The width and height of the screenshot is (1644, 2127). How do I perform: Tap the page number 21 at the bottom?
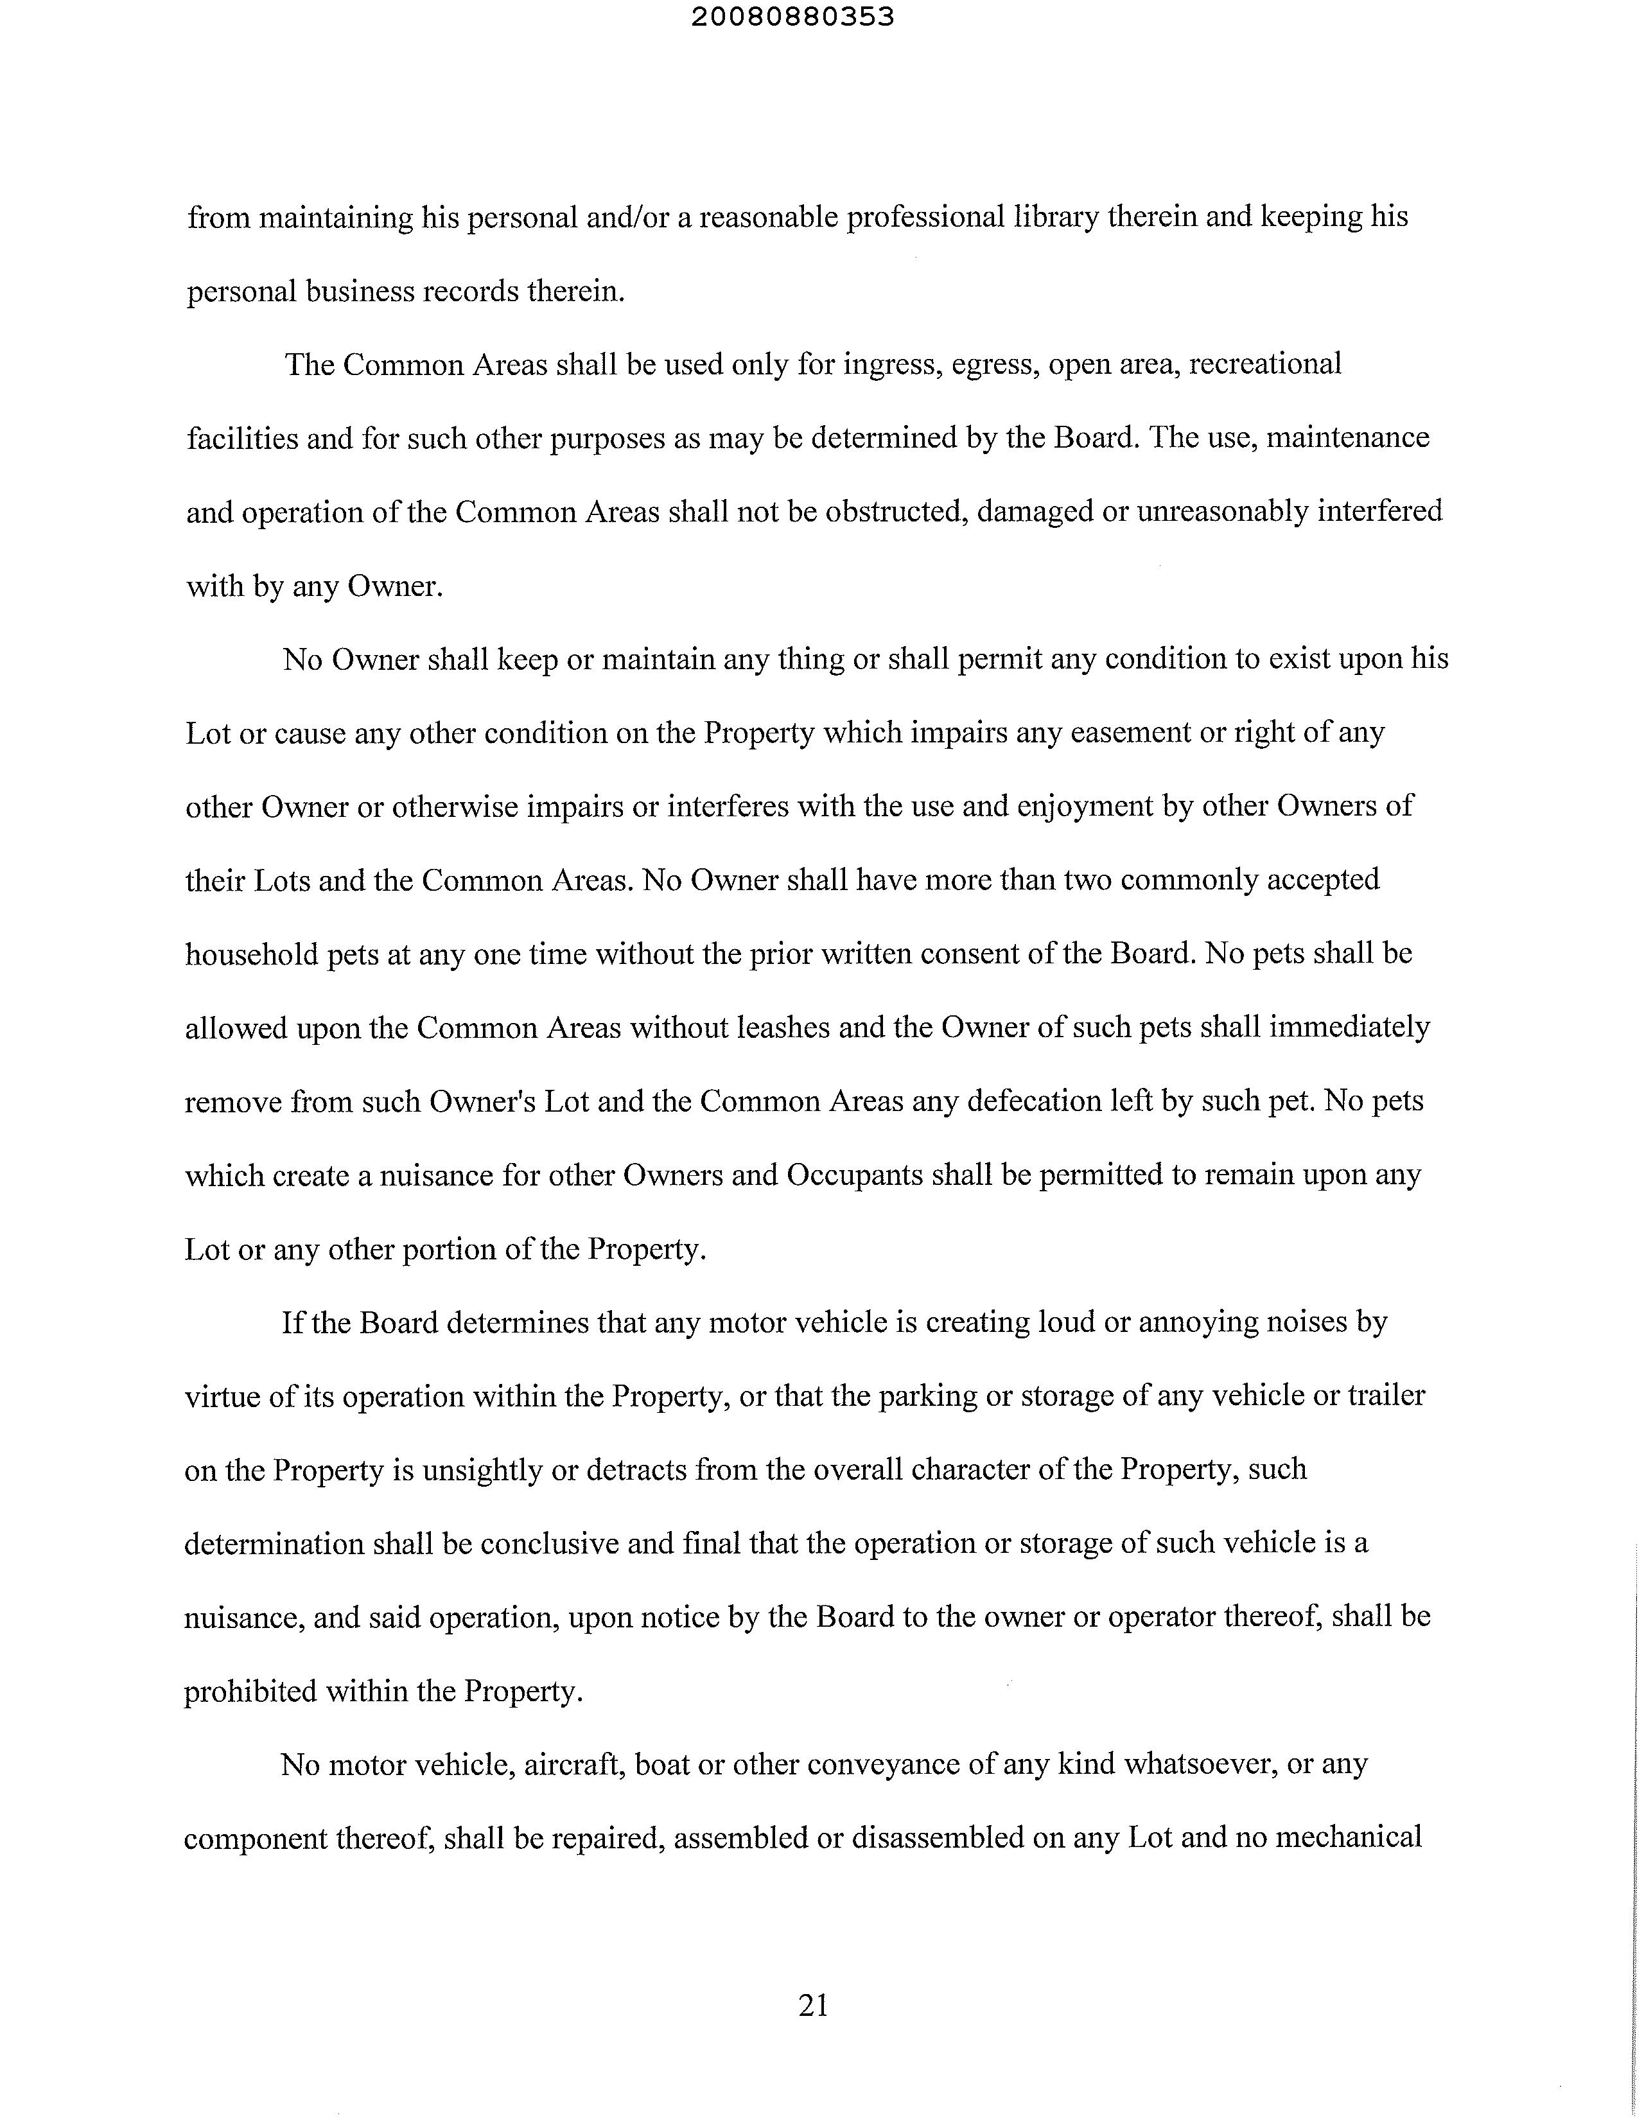[813, 2004]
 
